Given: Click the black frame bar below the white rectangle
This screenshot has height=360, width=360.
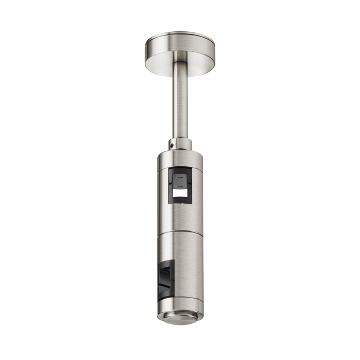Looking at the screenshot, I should pos(181,204).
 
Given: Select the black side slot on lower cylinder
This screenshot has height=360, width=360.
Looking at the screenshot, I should pos(165,278).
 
